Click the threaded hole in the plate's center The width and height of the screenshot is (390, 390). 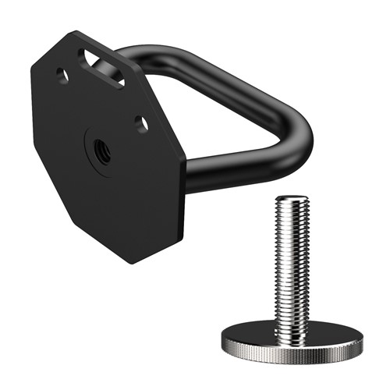101,148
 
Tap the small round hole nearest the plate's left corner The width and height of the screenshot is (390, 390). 61,76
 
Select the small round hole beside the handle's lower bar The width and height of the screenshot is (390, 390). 140,122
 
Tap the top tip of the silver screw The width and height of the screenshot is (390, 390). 292,200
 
